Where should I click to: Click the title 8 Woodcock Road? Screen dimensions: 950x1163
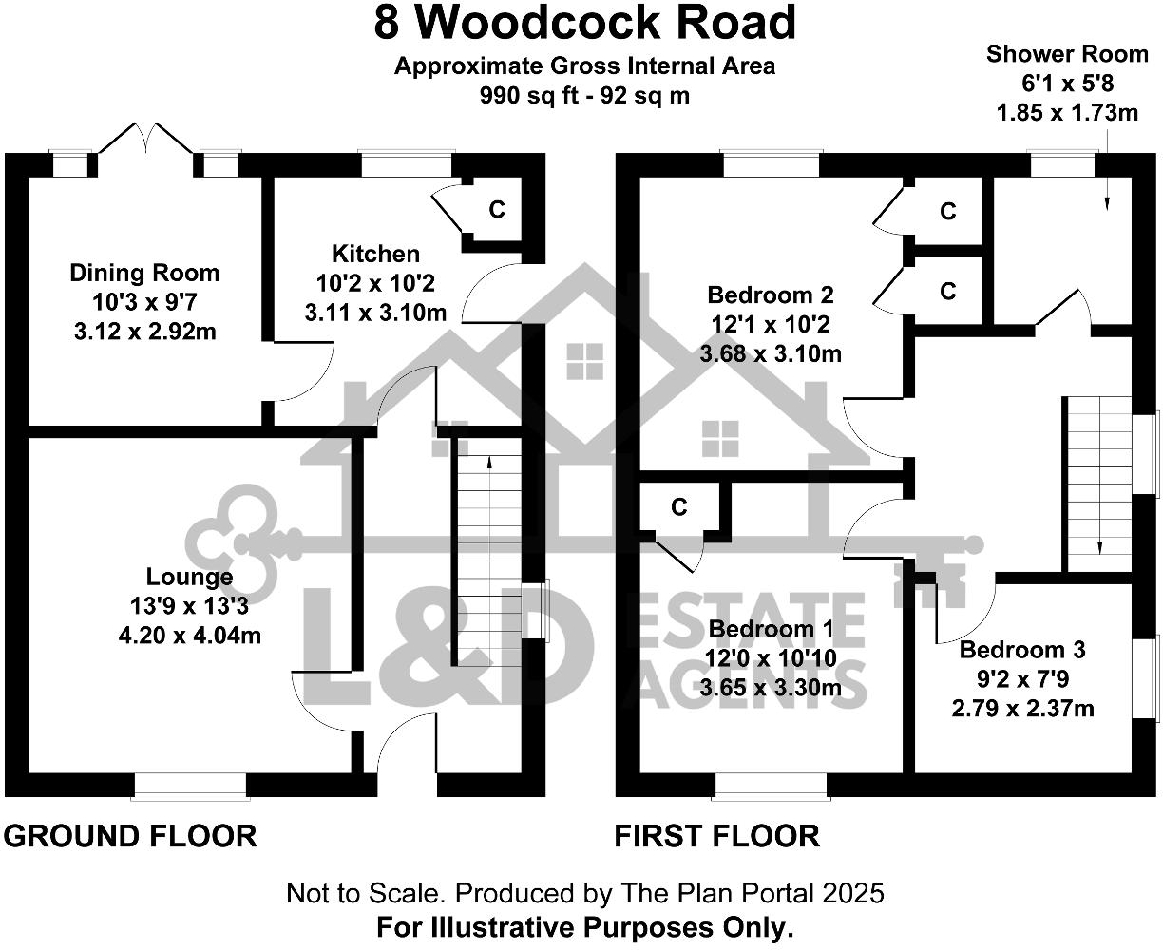(584, 23)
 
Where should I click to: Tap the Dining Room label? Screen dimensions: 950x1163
(144, 274)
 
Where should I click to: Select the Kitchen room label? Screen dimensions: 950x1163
(375, 254)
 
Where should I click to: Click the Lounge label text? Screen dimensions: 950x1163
(189, 577)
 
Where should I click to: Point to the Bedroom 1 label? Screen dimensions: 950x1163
(771, 629)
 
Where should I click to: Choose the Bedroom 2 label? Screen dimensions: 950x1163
(771, 294)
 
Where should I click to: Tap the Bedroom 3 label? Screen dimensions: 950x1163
(1022, 651)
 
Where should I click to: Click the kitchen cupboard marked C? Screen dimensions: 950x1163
(496, 210)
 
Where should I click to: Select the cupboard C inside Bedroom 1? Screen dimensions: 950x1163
(678, 508)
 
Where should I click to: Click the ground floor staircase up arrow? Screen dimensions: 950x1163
(488, 463)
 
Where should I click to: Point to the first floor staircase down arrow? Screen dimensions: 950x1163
(1099, 545)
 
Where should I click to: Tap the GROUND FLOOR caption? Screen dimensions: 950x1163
(130, 836)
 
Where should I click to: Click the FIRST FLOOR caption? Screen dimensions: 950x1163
(716, 836)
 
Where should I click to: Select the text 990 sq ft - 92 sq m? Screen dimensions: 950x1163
(584, 95)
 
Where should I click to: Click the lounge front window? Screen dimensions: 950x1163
(189, 786)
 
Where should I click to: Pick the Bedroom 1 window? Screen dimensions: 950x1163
(771, 786)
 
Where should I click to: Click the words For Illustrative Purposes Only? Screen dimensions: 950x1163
(584, 927)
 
